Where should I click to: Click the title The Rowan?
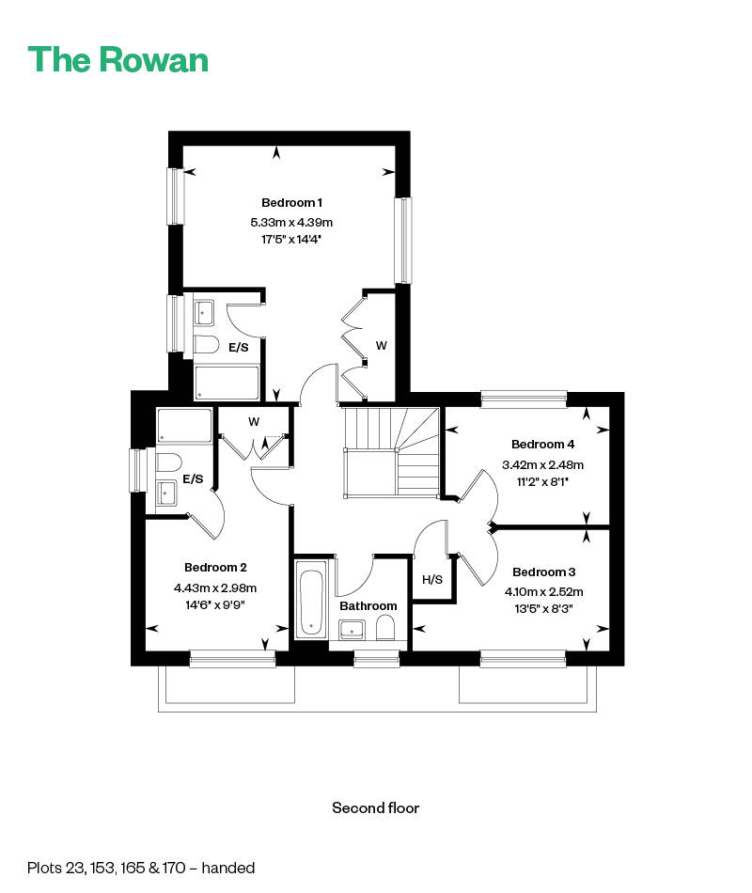[117, 60]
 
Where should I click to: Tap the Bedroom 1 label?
[291, 203]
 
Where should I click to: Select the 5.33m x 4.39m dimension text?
[291, 222]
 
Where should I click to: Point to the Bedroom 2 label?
[215, 567]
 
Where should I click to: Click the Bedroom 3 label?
[543, 572]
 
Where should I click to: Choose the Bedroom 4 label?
[543, 445]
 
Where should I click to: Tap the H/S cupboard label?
[432, 580]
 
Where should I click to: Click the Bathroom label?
[368, 606]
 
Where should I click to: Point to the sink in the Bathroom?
[352, 630]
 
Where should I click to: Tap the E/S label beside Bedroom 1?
[239, 348]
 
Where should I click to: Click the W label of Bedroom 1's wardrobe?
[381, 346]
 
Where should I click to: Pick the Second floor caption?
[375, 807]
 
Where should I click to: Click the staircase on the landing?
[391, 452]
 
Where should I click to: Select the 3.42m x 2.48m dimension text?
[543, 464]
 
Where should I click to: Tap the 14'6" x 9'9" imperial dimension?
[215, 604]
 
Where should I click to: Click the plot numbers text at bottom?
[141, 868]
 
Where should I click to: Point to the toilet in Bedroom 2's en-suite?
[168, 462]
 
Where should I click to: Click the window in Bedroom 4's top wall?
[525, 399]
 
